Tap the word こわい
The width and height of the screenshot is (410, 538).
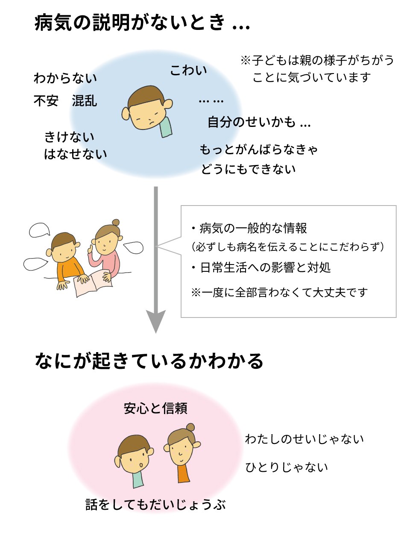(188, 71)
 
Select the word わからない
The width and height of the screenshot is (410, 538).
(65, 78)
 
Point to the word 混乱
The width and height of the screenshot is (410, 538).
(85, 101)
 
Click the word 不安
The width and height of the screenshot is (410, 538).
(46, 101)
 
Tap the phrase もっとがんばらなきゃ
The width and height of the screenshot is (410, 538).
(259, 150)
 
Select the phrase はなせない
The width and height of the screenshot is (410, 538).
(76, 154)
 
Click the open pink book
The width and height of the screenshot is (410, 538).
(93, 283)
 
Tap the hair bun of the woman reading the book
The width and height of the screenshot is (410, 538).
(116, 222)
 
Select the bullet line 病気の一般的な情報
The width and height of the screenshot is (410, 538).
(249, 229)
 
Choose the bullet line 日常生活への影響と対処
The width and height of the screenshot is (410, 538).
(261, 268)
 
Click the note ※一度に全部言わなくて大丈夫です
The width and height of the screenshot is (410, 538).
(279, 293)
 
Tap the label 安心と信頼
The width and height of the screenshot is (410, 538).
(156, 409)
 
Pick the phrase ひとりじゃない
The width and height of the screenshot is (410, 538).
(287, 467)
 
